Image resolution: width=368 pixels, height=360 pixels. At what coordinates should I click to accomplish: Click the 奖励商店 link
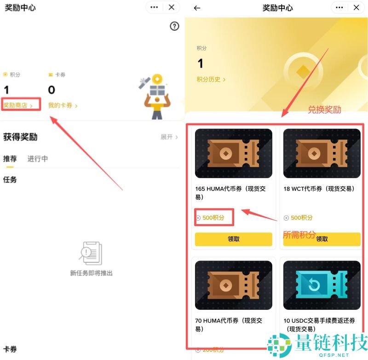(18, 105)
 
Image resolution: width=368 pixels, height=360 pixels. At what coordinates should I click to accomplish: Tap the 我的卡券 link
(63, 105)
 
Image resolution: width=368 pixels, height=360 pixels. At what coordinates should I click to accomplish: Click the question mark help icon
(174, 26)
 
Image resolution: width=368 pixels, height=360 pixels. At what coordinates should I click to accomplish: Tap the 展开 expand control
(169, 137)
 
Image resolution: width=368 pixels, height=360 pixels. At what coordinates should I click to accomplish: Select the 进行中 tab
(38, 159)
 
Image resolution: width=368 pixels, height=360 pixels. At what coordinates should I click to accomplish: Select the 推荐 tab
(10, 159)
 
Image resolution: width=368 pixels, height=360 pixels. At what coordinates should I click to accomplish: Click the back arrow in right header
(197, 8)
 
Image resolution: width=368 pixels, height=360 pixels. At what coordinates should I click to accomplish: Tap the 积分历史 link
(211, 80)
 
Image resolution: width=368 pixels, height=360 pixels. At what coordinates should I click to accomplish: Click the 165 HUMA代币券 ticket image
(233, 153)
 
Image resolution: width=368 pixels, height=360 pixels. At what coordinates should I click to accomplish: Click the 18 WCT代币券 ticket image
(322, 153)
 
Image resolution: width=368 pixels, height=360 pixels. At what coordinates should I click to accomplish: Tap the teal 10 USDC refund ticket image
(322, 285)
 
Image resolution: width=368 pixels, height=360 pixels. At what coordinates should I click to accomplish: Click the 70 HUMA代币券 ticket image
(233, 285)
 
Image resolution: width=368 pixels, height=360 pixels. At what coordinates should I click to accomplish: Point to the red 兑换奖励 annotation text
(324, 110)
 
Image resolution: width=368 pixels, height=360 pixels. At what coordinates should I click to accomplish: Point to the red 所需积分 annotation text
(299, 234)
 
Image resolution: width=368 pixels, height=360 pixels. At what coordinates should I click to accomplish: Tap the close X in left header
(172, 7)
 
